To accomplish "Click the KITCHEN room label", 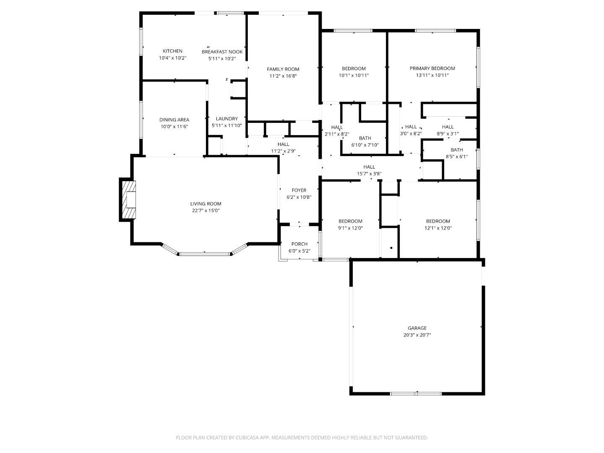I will (172, 51).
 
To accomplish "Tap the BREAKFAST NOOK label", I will (222, 52).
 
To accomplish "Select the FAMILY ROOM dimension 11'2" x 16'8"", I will (283, 76).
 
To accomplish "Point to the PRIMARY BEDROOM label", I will (432, 68).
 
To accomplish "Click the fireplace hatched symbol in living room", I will (128, 200).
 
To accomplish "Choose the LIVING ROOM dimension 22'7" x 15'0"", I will (206, 211).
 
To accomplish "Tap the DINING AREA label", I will (174, 120).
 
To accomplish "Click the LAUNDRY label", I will (226, 119).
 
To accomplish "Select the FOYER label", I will (299, 190).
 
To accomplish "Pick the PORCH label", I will (299, 244).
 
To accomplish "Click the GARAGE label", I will (417, 328).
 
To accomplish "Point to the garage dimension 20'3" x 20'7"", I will (417, 335).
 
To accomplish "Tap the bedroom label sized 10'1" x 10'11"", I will (354, 68).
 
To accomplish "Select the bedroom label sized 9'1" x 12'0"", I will (350, 221).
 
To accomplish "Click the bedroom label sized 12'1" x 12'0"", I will (438, 221).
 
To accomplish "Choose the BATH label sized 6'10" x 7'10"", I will (365, 138).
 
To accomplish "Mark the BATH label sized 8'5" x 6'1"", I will (457, 150).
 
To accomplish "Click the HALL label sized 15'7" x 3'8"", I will (369, 167).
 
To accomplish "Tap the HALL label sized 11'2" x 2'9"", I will (283, 144).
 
